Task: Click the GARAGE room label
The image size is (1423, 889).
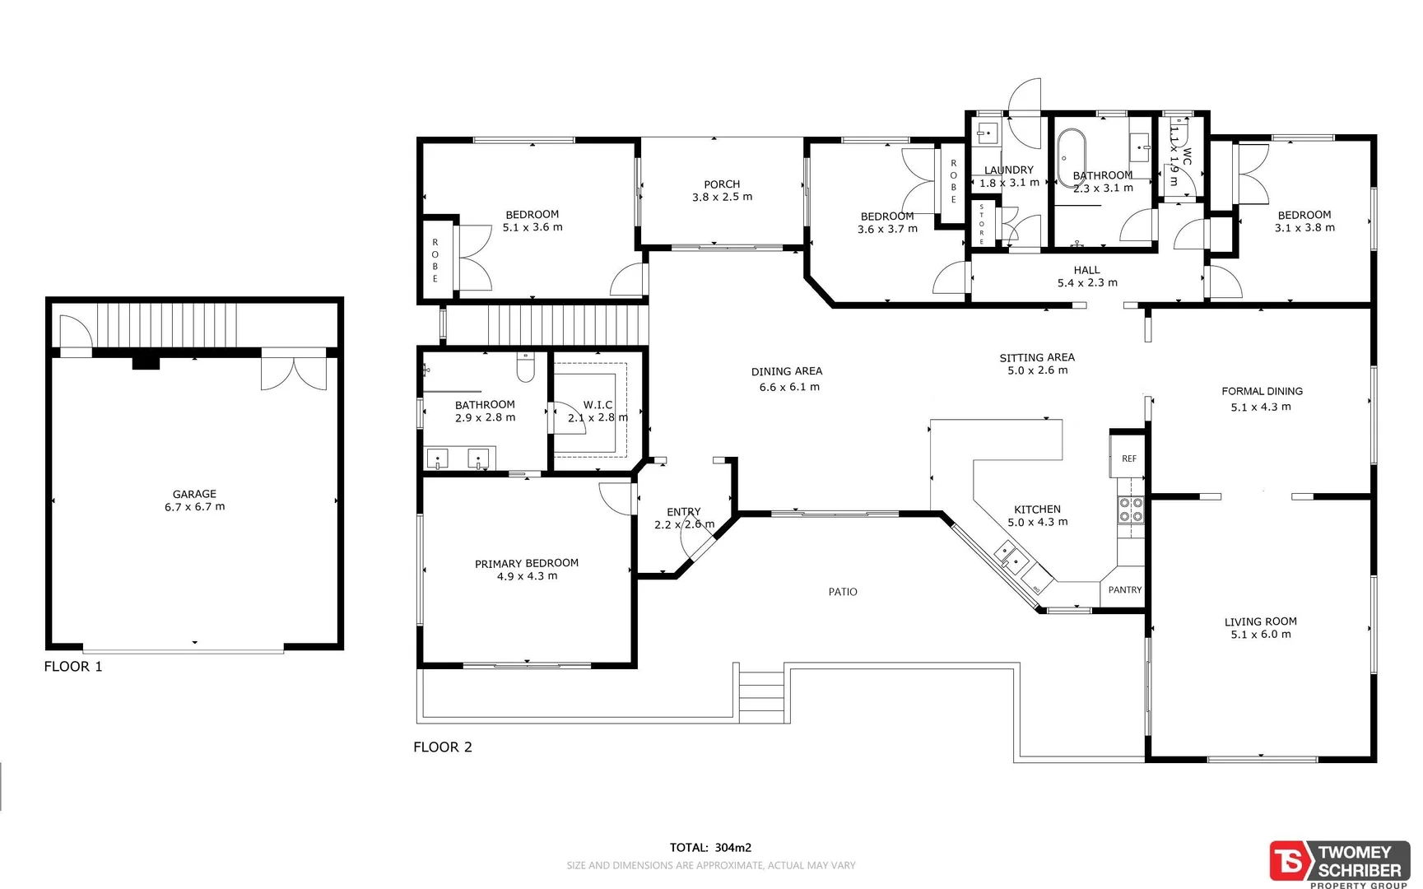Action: (x=194, y=494)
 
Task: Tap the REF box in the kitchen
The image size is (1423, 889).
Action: (x=1128, y=458)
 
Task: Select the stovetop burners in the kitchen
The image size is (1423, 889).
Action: (x=1131, y=510)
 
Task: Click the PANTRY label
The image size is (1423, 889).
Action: (x=1124, y=590)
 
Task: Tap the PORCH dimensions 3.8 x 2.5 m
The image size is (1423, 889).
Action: (x=722, y=198)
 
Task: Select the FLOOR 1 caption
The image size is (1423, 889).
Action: (x=73, y=667)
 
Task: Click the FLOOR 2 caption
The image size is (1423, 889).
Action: (x=443, y=747)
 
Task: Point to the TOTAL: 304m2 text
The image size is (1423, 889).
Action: (x=710, y=847)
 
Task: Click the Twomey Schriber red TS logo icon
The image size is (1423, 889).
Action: (x=1290, y=862)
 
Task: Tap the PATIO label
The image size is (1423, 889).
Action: (x=843, y=592)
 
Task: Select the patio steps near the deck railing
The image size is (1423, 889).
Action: (x=761, y=695)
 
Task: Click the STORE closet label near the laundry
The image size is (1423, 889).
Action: (x=981, y=223)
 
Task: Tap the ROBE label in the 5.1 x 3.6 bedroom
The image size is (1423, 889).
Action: (x=435, y=261)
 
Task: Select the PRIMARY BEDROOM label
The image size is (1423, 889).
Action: (x=526, y=563)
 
